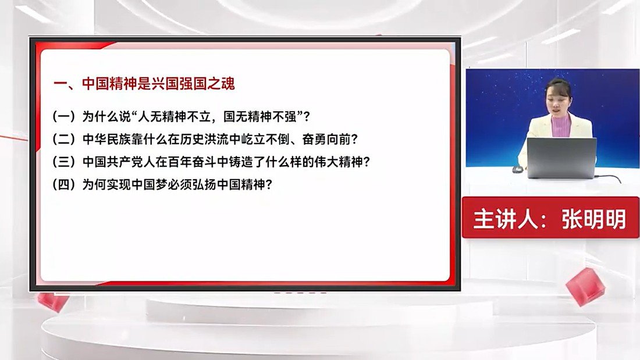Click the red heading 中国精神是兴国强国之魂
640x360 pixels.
[158, 84]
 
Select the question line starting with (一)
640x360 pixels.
[181, 117]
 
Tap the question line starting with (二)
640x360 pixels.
[205, 140]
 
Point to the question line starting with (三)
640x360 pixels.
[211, 162]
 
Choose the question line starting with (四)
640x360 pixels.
[162, 184]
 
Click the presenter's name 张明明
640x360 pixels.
[594, 219]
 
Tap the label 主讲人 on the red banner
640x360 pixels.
[505, 219]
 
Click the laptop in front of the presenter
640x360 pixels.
[561, 158]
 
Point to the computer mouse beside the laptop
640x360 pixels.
[517, 169]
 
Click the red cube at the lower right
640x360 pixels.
[585, 287]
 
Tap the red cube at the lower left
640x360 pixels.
[52, 302]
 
